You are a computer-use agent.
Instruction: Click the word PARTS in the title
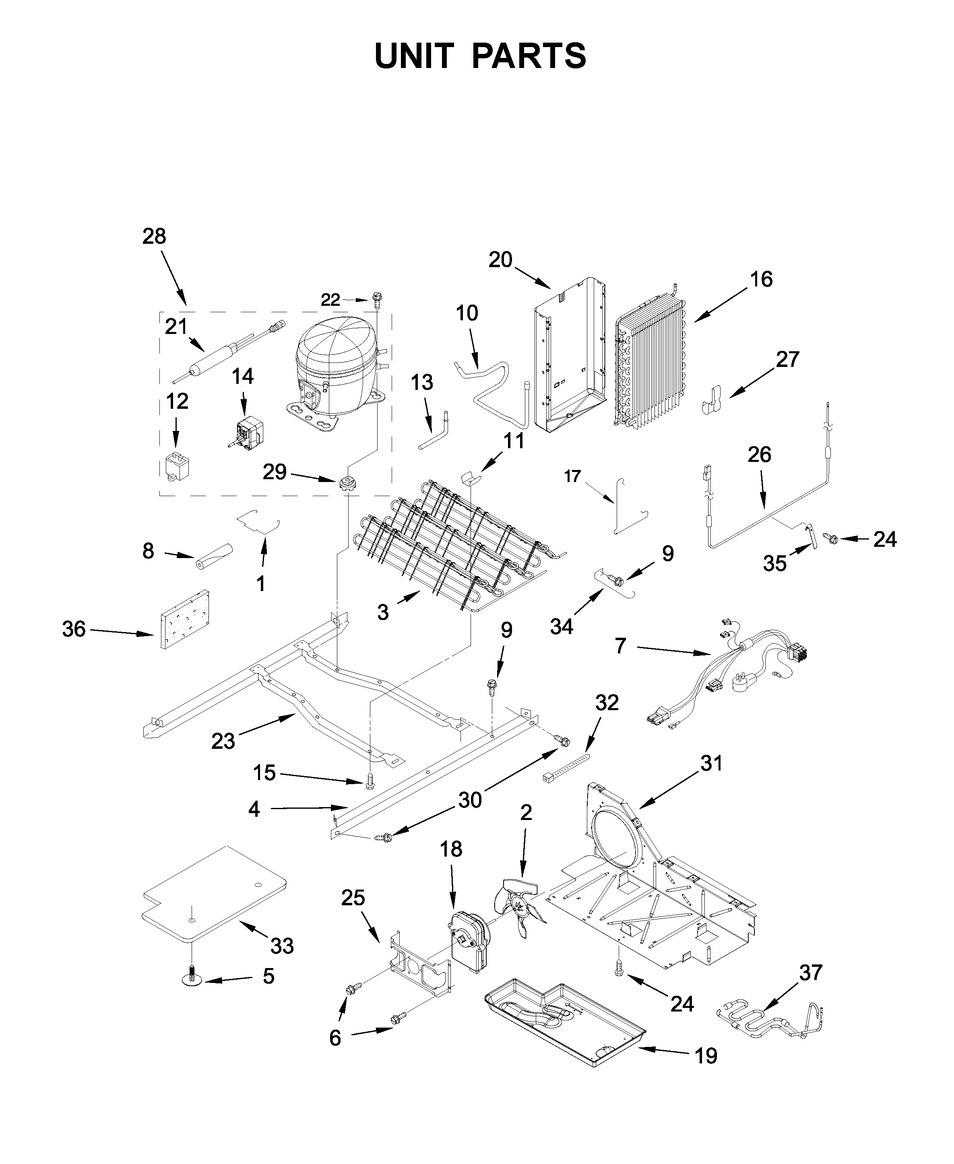(x=529, y=56)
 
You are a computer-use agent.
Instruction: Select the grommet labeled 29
(x=348, y=484)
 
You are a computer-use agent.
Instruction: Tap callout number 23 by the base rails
(x=223, y=741)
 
